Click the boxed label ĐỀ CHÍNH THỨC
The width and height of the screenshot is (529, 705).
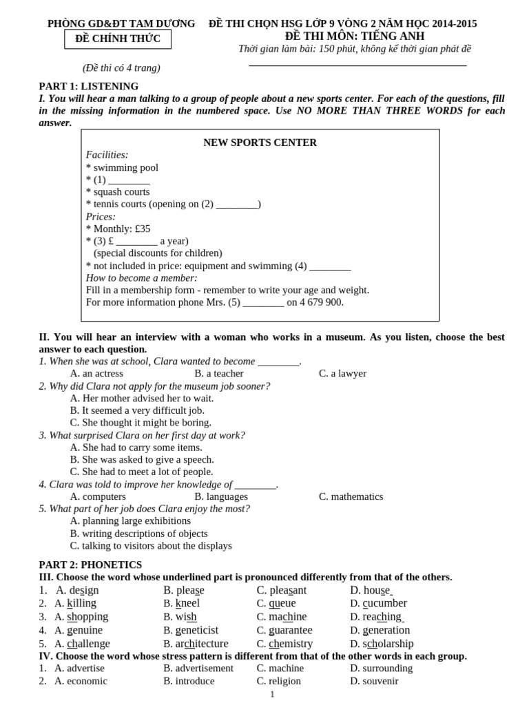click(x=118, y=39)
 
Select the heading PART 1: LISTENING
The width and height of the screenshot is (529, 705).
click(x=88, y=86)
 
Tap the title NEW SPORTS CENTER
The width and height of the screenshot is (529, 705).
click(x=260, y=143)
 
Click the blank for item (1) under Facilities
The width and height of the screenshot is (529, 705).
click(x=129, y=180)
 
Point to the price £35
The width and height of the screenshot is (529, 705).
click(x=142, y=229)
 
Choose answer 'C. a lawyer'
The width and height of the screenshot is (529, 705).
click(x=342, y=373)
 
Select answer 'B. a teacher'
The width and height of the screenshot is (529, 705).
click(x=219, y=373)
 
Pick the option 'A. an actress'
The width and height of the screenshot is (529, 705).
click(x=96, y=373)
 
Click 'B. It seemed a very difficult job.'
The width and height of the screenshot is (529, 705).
click(x=142, y=410)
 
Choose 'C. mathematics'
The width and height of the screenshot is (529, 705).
click(x=351, y=496)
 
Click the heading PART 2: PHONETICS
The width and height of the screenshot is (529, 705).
click(x=90, y=565)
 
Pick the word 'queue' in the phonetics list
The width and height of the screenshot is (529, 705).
click(x=282, y=603)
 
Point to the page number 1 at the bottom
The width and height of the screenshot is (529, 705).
click(x=272, y=694)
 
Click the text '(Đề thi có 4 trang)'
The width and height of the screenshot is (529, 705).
click(x=121, y=67)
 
